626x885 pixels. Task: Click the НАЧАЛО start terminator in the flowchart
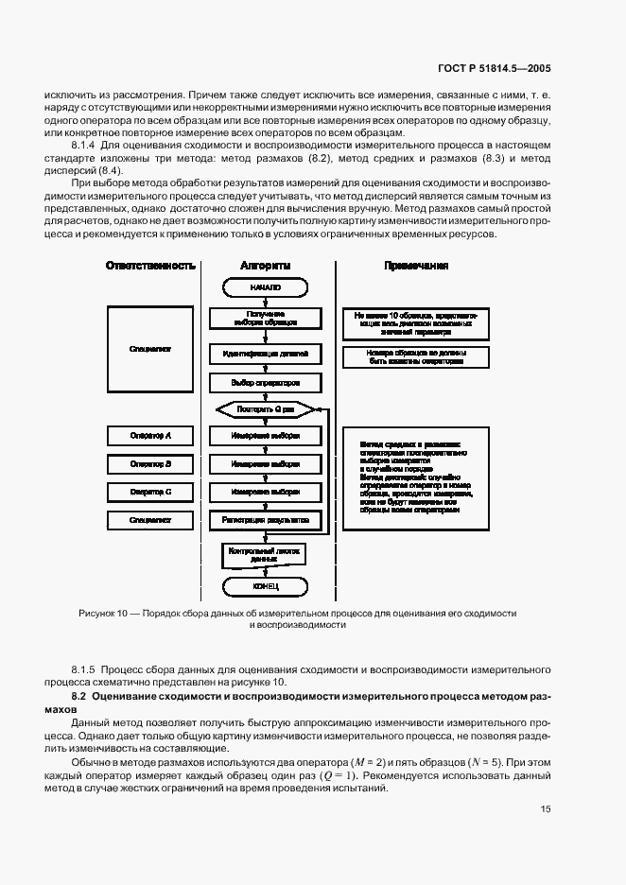266,286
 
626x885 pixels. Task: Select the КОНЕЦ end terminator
266,585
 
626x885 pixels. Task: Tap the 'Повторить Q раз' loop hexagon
266,409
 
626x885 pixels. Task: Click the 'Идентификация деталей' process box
266,354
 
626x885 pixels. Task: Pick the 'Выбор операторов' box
266,383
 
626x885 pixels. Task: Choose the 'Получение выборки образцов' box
266,318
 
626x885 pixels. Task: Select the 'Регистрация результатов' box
266,520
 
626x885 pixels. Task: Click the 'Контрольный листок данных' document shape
266,554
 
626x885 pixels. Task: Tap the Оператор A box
150,436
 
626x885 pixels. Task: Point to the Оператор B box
150,464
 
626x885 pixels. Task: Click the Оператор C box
150,492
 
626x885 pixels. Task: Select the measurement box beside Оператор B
266,464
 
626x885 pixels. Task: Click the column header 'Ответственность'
150,266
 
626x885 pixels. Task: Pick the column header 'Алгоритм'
266,266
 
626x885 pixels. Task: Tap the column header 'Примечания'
416,266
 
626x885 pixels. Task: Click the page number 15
546,808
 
